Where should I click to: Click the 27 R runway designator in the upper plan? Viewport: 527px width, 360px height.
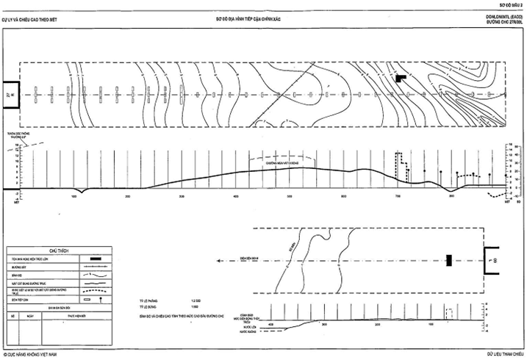[9, 96]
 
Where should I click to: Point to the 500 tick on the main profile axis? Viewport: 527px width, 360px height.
[290, 197]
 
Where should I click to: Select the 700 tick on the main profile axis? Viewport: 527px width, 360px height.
[398, 197]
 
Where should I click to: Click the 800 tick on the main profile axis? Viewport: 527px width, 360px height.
[452, 197]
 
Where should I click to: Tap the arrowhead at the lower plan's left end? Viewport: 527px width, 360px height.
[219, 260]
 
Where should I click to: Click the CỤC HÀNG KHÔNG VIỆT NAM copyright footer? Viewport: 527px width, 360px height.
[30, 353]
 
